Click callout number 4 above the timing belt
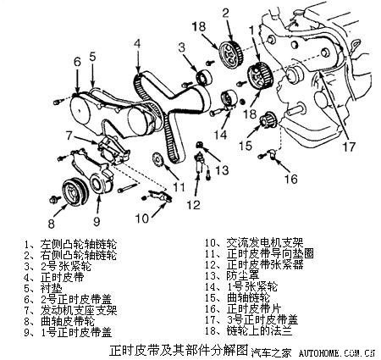point(136,44)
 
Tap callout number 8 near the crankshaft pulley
point(51,224)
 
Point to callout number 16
point(290,179)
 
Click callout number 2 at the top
point(226,12)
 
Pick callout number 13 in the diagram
point(222,170)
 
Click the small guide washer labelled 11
point(156,162)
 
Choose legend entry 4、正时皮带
point(52,277)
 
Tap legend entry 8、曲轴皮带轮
point(59,321)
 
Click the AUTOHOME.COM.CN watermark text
point(340,348)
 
